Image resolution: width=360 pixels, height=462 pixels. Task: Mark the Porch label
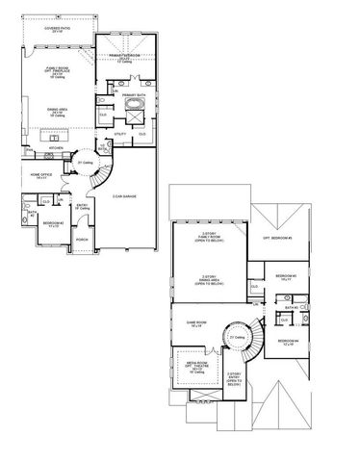[82, 239]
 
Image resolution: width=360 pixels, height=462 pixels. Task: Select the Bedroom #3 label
[287, 277]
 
